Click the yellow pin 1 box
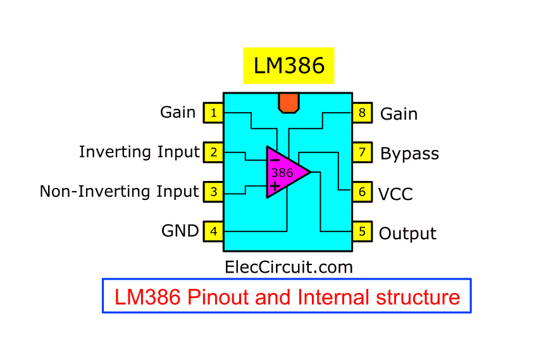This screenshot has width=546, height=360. pyautogui.click(x=213, y=113)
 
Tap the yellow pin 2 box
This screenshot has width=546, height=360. pyautogui.click(x=213, y=152)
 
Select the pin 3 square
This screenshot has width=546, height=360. pyautogui.click(x=213, y=191)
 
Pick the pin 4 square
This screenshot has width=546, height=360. pyautogui.click(x=213, y=232)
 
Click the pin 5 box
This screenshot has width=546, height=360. pyautogui.click(x=363, y=232)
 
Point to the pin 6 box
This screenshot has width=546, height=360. pyautogui.click(x=363, y=192)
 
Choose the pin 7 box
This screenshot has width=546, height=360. pyautogui.click(x=363, y=152)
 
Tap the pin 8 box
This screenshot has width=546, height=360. pyautogui.click(x=363, y=113)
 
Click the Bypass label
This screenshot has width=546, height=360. pyautogui.click(x=409, y=154)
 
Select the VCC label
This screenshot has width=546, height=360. pyautogui.click(x=395, y=194)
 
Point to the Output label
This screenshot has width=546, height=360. pyautogui.click(x=407, y=233)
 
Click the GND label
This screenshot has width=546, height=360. pyautogui.click(x=180, y=231)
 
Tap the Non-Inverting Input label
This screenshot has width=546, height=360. pyautogui.click(x=120, y=191)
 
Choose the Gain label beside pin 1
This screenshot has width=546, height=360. pyautogui.click(x=178, y=112)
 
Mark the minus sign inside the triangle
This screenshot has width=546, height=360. pyautogui.click(x=275, y=160)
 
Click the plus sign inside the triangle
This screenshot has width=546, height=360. pyautogui.click(x=275, y=185)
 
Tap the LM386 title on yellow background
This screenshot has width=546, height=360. pyautogui.click(x=289, y=66)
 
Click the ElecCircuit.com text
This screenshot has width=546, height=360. pyautogui.click(x=289, y=267)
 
